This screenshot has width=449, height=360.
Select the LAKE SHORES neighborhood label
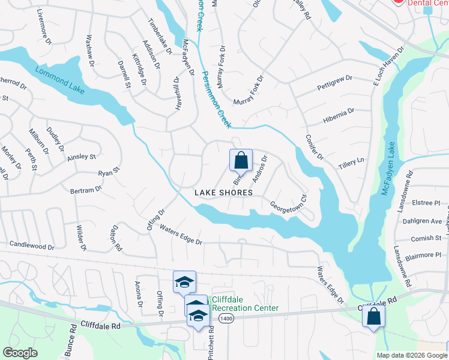[x=223, y=192]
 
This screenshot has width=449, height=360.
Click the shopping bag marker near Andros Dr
[x=241, y=160]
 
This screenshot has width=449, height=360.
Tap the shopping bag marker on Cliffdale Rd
[x=373, y=316]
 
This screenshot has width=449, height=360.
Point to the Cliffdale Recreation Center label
[x=244, y=304]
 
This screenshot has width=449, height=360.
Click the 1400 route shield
[x=226, y=317]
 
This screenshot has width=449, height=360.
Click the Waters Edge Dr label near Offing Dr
[x=181, y=234]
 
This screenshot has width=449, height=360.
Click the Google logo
[x=20, y=353]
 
